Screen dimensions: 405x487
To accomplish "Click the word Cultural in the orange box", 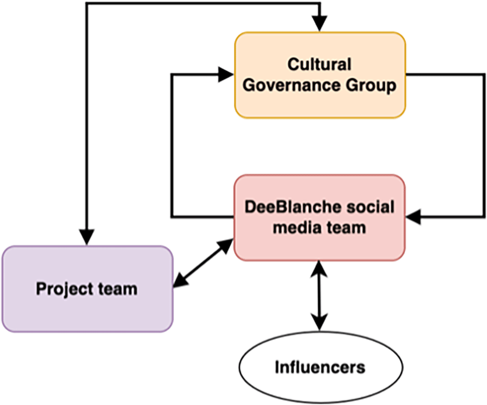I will [x=320, y=64].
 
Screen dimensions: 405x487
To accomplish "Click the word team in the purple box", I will [x=118, y=289].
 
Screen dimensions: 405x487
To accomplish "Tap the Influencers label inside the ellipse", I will [x=320, y=368].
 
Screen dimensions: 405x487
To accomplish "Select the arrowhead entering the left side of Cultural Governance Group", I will [x=227, y=75].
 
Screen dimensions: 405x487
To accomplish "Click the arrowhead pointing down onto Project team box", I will [x=87, y=237].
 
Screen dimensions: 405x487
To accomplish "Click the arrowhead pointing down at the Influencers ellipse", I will [x=319, y=322].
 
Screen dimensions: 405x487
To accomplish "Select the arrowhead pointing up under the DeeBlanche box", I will [x=319, y=268].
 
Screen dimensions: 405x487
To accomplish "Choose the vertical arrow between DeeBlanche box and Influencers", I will [x=319, y=295].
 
